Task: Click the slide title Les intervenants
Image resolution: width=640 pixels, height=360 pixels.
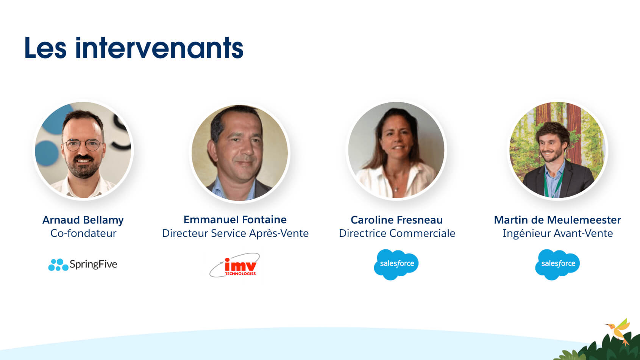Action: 134,48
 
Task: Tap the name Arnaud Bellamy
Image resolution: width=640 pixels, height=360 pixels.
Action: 83,220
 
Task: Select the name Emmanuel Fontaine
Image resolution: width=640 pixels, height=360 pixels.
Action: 235,220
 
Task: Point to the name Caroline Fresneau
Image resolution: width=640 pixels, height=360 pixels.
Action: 396,220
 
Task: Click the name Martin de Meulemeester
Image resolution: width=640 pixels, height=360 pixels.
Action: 557,220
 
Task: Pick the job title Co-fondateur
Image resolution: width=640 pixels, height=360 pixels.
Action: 83,233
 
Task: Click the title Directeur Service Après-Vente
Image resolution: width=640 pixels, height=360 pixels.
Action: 235,233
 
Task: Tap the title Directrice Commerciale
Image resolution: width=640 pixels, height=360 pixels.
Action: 397,233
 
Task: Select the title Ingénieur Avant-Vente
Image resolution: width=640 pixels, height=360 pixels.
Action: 558,233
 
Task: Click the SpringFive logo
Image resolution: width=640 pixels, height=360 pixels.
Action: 83,265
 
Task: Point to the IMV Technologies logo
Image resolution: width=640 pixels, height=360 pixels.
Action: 235,265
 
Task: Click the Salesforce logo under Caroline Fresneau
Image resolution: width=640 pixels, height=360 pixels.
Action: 396,265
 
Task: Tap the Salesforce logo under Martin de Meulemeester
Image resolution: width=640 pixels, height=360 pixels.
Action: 557,265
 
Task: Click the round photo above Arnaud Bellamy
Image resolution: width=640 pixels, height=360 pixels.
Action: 83,150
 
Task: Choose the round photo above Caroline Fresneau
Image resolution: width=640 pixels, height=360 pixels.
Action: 396,150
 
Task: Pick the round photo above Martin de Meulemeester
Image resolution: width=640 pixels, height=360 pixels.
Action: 557,150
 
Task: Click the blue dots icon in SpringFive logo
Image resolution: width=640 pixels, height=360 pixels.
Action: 58,265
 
